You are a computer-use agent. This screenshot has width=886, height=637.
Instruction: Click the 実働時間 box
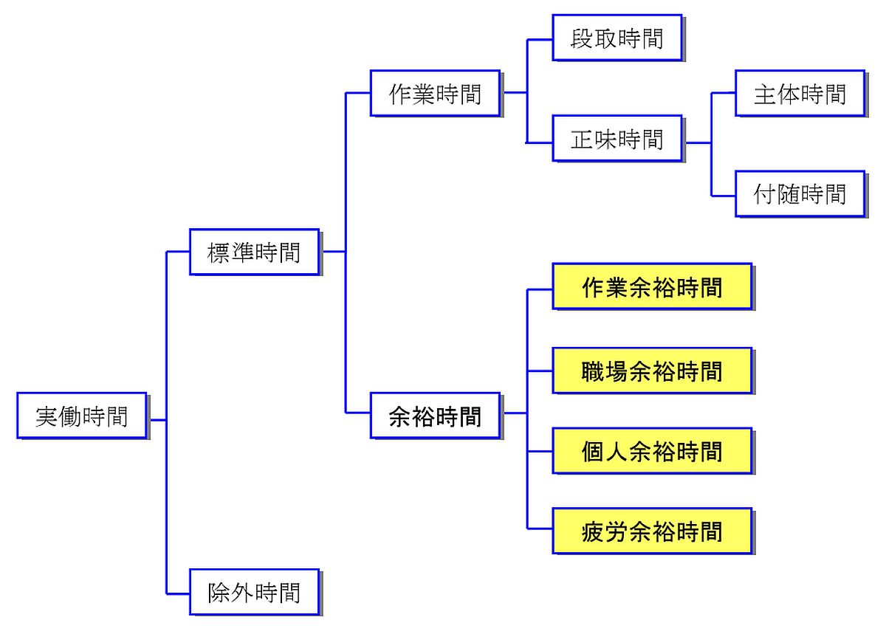81,416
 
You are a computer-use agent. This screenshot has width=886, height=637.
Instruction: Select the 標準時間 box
254,252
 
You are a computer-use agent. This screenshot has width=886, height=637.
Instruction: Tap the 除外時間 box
254,592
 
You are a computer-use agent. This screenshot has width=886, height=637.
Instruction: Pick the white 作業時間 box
435,93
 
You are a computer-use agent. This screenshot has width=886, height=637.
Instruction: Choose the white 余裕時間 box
435,416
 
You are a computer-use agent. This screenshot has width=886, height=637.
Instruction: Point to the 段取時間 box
617,38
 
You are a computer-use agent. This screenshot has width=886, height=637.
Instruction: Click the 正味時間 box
617,138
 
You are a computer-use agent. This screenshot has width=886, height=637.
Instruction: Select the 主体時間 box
800,93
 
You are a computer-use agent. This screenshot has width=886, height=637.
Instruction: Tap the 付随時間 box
800,194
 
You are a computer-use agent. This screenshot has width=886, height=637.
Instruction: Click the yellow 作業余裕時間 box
652,286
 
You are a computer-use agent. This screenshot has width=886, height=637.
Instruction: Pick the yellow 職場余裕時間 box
652,371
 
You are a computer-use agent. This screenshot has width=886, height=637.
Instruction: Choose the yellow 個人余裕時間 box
652,450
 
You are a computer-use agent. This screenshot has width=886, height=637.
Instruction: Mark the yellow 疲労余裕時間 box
652,531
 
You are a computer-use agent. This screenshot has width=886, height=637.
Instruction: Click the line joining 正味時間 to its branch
698,142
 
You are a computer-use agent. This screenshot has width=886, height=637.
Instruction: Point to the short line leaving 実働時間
157,420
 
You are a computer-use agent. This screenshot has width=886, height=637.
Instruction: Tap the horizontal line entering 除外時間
178,593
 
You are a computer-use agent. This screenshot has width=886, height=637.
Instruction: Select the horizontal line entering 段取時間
540,40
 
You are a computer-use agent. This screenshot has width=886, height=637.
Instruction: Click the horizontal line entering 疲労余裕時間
540,528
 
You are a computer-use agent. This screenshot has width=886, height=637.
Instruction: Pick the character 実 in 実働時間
47,416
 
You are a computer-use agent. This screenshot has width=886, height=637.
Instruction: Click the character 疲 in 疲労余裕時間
594,531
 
